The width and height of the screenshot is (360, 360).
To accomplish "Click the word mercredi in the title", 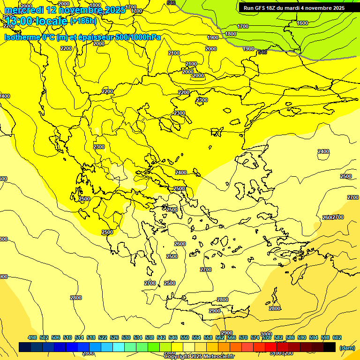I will tap(24, 10).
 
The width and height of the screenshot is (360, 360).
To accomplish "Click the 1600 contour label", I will tap(302, 23).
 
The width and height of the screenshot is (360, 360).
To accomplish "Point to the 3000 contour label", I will tap(266, 334).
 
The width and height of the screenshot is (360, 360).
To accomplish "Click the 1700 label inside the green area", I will tap(243, 27).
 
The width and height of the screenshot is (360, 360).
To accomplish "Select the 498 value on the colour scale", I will tap(32, 337).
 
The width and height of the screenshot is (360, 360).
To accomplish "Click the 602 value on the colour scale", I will tap(337, 337).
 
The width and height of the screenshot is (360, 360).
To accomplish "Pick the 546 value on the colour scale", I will tap(173, 337).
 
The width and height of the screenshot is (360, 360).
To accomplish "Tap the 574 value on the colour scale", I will tap(255, 337).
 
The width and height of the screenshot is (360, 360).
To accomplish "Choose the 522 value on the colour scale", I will tap(103, 337).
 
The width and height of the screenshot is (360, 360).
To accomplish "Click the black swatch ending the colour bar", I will tap(330, 347).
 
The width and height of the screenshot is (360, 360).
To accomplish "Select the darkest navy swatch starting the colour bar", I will tap(25, 347).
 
